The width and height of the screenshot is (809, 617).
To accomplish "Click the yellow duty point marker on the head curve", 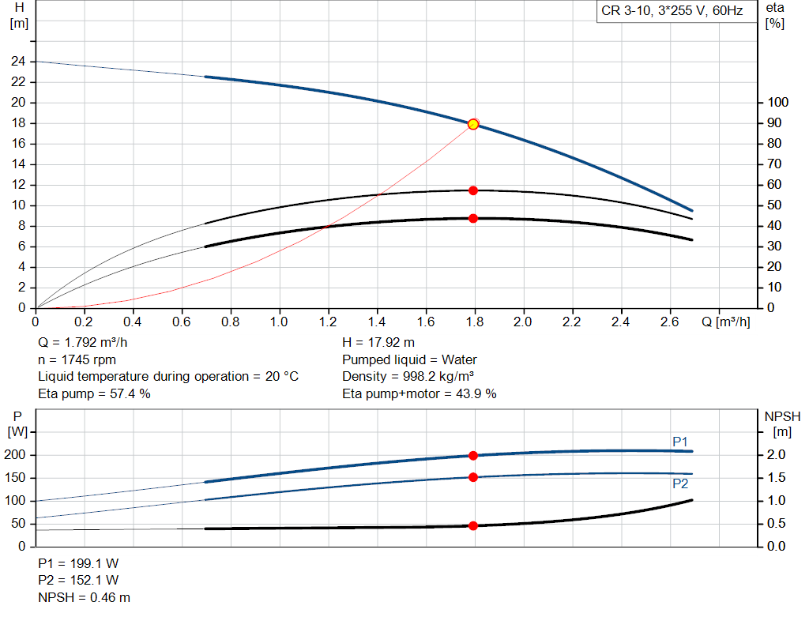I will (472, 124).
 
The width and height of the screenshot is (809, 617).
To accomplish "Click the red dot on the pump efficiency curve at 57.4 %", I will (473, 190).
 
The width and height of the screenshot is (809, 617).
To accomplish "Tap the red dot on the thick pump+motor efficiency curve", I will (473, 218).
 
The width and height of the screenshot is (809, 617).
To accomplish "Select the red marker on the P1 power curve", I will (473, 455).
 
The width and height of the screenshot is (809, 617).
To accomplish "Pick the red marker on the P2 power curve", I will (473, 477).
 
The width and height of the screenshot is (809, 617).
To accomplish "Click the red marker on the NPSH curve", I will (473, 525).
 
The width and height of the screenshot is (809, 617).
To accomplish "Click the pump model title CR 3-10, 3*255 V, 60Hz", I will (672, 12).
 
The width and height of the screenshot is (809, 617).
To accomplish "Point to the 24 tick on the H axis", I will (18, 62).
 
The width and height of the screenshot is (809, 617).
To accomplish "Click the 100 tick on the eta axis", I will (777, 103).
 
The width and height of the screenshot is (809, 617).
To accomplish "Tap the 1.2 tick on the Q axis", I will (327, 322).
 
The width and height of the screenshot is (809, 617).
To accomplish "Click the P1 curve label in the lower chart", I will (680, 442).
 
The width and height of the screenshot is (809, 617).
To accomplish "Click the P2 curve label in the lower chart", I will (680, 483).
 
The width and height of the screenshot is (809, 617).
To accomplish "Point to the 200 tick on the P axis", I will (17, 455).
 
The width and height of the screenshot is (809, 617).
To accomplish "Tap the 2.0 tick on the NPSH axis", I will (775, 455).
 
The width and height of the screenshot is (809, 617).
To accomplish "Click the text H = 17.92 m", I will (378, 343).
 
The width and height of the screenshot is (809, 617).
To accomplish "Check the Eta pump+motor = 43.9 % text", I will (419, 393).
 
